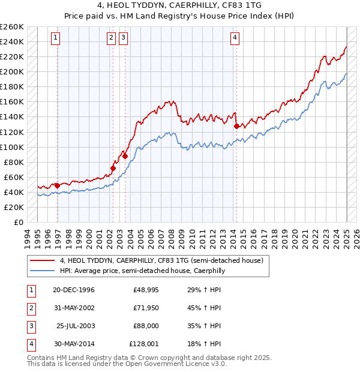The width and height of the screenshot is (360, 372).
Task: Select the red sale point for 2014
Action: (x=236, y=126)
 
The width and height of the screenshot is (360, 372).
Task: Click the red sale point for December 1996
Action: (x=58, y=185)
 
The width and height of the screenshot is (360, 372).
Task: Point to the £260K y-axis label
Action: (x=12, y=27)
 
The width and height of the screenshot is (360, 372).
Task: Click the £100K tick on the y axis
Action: (x=12, y=147)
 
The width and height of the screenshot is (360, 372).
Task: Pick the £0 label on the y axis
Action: (x=18, y=222)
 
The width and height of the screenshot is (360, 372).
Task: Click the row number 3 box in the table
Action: (x=31, y=326)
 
